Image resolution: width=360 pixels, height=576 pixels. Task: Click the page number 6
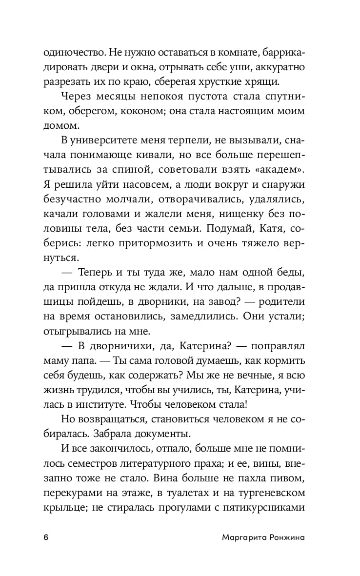[46, 537]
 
